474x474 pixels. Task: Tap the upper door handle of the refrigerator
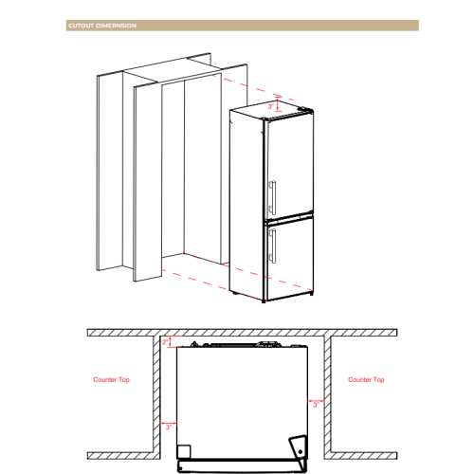272,197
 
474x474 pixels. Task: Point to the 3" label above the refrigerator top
269,107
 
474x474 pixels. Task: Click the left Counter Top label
112,379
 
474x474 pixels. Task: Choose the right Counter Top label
366,379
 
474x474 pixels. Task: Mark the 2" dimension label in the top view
165,341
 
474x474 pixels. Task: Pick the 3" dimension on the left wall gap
168,428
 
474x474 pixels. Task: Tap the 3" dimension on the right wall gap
316,403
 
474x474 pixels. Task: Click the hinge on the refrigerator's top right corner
302,110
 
